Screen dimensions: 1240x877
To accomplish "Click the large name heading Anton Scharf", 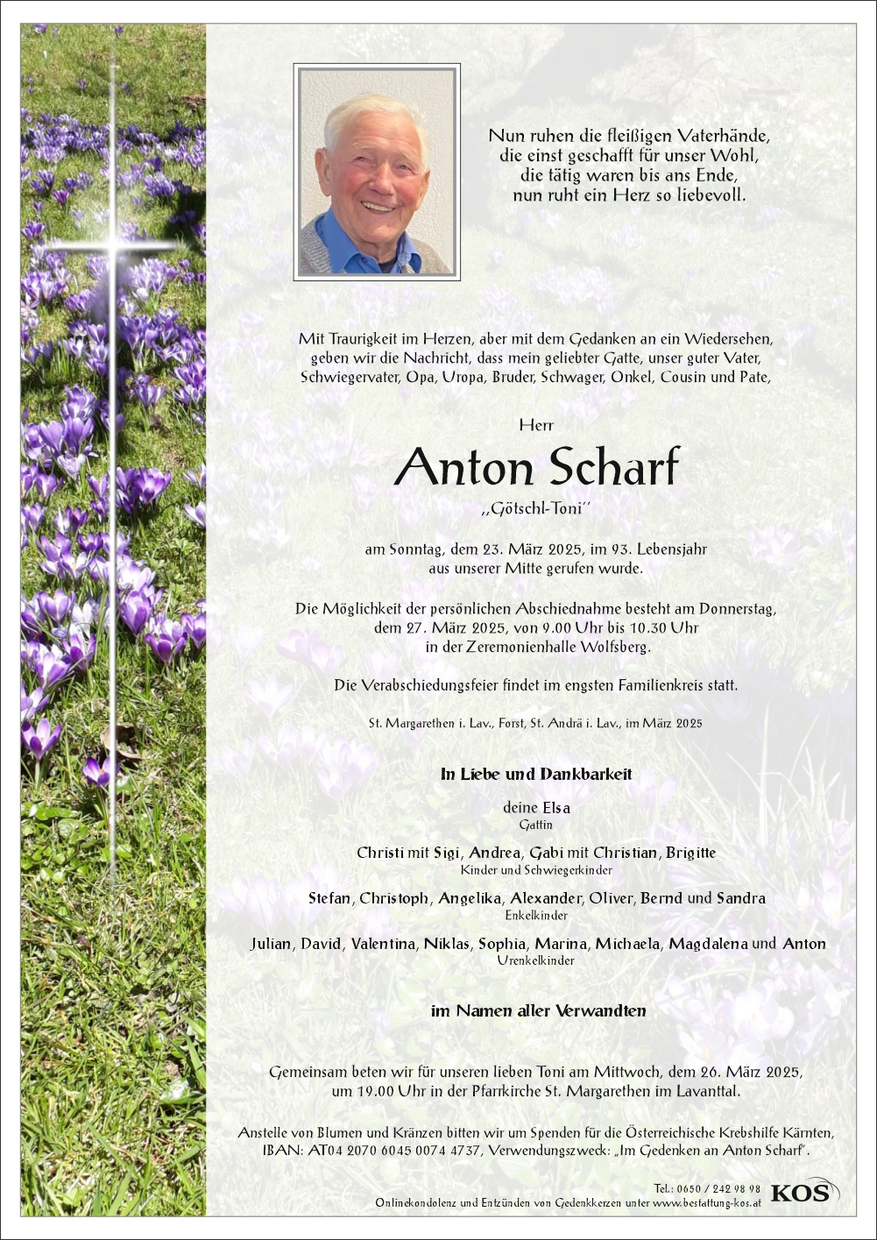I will (x=536, y=467).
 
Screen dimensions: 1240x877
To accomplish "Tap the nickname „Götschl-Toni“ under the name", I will (x=536, y=509).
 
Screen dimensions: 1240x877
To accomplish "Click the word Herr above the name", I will (x=536, y=425).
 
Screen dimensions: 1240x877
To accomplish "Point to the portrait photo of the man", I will (x=377, y=172).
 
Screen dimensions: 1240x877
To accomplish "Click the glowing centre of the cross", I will (x=113, y=246).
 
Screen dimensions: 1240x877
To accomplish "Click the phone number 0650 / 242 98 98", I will (x=718, y=1189).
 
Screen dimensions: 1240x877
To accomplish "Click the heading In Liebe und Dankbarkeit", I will (x=536, y=775).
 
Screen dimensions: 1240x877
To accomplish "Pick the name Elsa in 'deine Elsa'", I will (x=555, y=808).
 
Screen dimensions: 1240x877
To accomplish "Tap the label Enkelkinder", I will (x=536, y=916).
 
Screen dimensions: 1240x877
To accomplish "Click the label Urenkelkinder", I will (x=536, y=961).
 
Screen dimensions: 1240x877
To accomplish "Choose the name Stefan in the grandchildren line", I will (x=329, y=898).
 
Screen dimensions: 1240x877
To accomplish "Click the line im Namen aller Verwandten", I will (x=538, y=1011).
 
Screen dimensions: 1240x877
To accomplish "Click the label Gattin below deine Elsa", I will (x=536, y=825).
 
